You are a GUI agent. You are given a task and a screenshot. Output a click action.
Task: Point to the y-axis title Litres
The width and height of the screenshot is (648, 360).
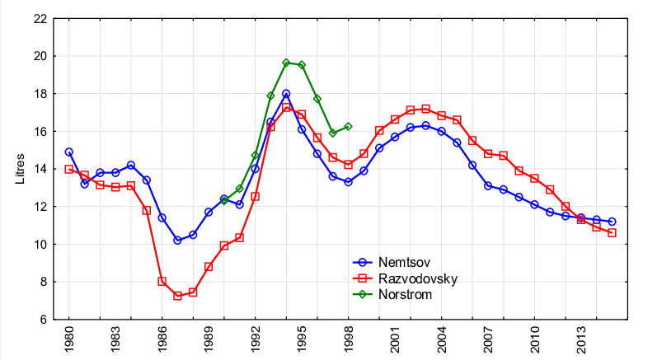coord(21,168)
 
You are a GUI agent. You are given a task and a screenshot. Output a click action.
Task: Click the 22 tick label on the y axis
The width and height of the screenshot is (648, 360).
coord(40,19)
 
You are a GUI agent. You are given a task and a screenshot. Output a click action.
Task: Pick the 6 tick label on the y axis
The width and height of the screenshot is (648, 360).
coord(43,320)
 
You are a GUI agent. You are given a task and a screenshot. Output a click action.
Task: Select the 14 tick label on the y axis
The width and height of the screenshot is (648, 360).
coord(40,169)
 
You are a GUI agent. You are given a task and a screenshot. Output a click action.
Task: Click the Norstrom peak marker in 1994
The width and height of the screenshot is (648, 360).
coord(286,63)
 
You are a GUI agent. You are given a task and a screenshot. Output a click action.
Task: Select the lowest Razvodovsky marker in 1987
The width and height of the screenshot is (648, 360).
coord(177,296)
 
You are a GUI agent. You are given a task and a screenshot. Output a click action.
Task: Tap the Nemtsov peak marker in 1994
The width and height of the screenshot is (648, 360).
coord(286,94)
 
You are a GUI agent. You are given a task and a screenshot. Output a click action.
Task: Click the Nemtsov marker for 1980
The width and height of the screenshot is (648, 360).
coord(68,152)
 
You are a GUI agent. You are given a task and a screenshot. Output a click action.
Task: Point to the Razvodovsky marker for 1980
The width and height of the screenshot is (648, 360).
coord(68,169)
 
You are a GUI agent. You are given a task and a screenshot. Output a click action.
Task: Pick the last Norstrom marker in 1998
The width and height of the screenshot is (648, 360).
coord(348,127)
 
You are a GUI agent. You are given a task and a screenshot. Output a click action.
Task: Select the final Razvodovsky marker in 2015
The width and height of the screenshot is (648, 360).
coord(612,233)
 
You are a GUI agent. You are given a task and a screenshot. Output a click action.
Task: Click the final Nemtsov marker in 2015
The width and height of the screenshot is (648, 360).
coord(612,222)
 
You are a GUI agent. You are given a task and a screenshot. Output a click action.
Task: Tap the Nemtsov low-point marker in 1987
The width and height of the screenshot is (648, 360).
coord(177,241)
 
